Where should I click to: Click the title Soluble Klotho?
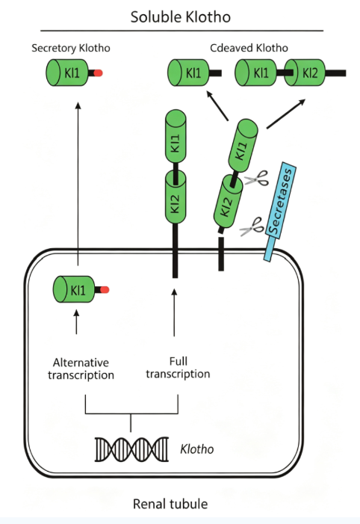pos(180,17)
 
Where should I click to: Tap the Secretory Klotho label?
pos(71,48)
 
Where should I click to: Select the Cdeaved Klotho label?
pos(249,48)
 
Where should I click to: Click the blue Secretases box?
pos(280,212)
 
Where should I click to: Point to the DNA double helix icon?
pos(131,449)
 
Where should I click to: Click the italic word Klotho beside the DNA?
pos(196,449)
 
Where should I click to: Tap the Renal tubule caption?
pos(170,504)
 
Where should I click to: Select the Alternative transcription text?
pos(81,369)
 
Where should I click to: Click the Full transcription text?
pos(178,368)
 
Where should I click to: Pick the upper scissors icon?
pos(257,179)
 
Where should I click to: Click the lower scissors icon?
pos(252,226)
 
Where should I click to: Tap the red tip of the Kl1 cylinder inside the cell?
pos(105,290)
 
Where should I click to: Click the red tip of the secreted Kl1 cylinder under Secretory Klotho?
pos(98,73)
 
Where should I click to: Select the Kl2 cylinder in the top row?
pos(305,73)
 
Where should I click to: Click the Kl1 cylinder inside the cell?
pos(74,289)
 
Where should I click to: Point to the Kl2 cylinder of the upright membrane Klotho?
pos(176,197)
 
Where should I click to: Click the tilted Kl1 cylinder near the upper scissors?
pos(243,145)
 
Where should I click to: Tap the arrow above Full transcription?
pos(174,312)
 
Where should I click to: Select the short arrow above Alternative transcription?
pos(76,322)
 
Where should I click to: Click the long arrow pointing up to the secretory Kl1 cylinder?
pos(78,184)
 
